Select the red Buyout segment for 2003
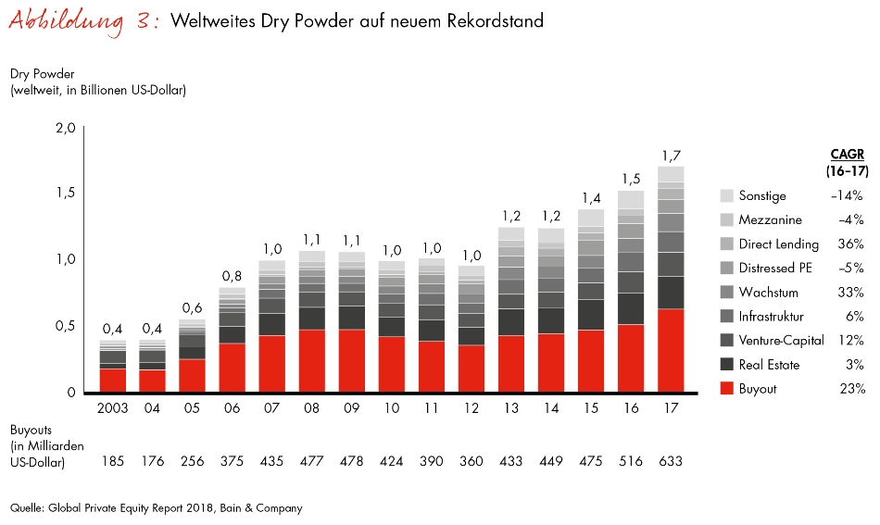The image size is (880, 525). click(x=113, y=381)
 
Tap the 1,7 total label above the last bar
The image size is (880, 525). click(x=672, y=155)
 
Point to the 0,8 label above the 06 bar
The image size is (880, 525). click(x=233, y=275)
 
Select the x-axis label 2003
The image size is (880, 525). click(x=113, y=408)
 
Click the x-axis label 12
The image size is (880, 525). click(x=471, y=408)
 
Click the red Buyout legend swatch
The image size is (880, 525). click(x=726, y=389)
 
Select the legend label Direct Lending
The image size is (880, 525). click(x=778, y=244)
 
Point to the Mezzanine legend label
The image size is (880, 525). click(x=770, y=220)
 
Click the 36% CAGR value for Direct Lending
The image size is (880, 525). click(x=851, y=244)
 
